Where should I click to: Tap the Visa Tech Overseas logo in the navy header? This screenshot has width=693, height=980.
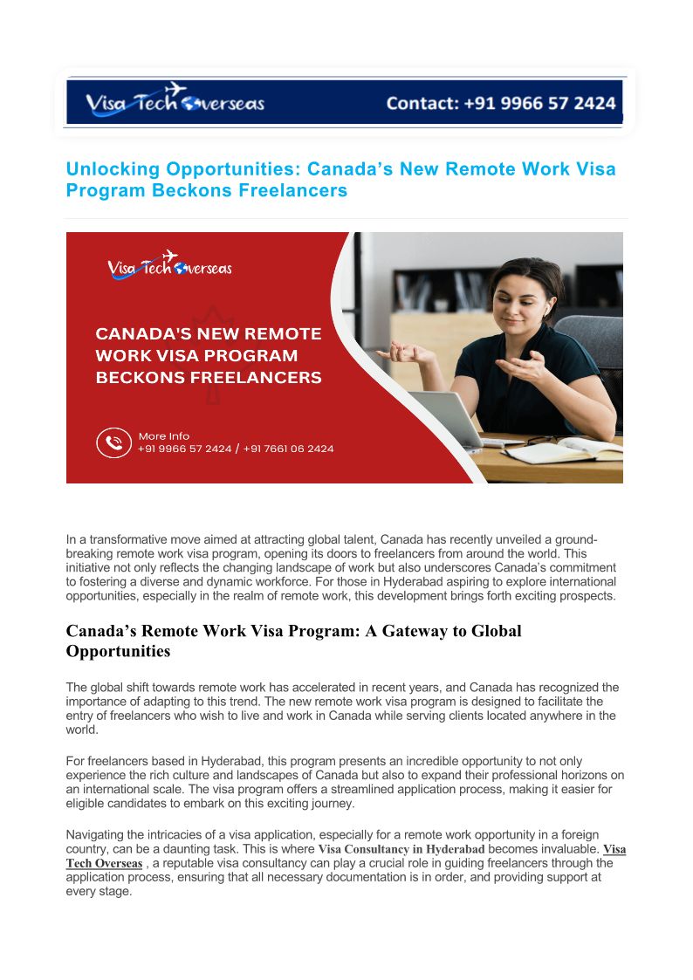pyautogui.click(x=175, y=102)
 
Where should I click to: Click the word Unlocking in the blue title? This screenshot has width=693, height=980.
pyautogui.click(x=112, y=168)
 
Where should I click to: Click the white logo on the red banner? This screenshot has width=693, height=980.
pyautogui.click(x=169, y=265)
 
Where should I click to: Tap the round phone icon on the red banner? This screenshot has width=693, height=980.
pyautogui.click(x=113, y=442)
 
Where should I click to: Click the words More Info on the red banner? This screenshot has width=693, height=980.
pyautogui.click(x=163, y=435)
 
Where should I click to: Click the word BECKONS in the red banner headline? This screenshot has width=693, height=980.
pyautogui.click(x=136, y=378)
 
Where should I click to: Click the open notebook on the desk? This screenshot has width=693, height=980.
pyautogui.click(x=559, y=451)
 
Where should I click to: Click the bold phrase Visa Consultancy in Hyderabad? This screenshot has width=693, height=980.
pyautogui.click(x=401, y=849)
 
